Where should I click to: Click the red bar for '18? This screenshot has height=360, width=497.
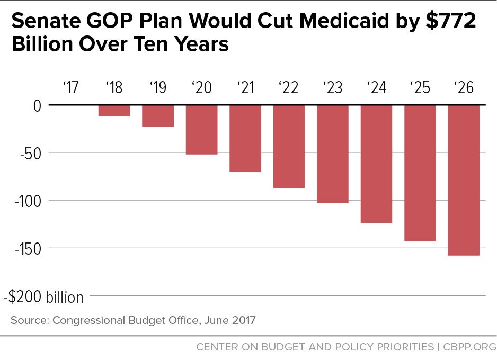[114, 111]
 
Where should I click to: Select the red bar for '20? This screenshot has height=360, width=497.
[201, 130]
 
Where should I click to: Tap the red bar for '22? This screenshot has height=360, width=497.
[289, 147]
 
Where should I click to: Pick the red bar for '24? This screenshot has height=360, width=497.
[376, 164]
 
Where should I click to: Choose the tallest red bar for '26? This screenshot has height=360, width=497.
[464, 180]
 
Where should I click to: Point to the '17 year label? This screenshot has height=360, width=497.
[70, 87]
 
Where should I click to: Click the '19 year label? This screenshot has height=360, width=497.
[157, 87]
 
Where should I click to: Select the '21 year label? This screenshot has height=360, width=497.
[245, 87]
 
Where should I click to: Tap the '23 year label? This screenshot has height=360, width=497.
[332, 87]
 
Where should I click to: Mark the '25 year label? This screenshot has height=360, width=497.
[420, 87]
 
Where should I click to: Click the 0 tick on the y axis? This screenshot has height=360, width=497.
[36, 105]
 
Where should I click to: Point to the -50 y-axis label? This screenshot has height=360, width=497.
[29, 153]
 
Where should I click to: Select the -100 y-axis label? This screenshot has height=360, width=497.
[25, 201]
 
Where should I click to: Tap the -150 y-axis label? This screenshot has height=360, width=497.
[25, 248]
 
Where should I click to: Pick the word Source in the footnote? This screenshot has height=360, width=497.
[29, 320]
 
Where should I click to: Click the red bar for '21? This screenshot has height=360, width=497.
[245, 138]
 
